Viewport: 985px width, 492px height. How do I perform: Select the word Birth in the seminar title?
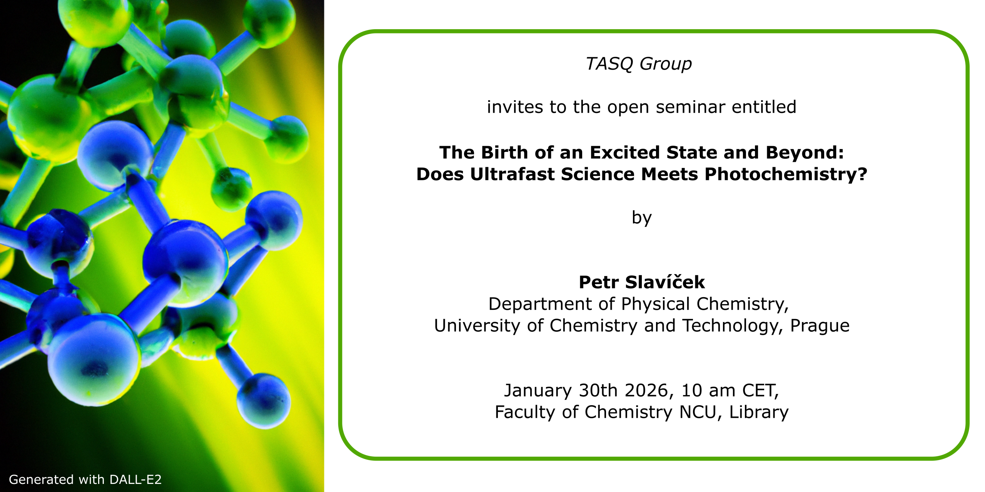(x=504, y=153)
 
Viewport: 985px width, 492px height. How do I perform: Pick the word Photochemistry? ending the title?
(x=786, y=174)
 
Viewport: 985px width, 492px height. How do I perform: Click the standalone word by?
(x=642, y=218)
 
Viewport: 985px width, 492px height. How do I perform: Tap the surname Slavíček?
(x=665, y=282)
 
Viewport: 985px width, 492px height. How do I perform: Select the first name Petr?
(x=599, y=282)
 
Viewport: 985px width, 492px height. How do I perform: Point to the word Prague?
(x=820, y=326)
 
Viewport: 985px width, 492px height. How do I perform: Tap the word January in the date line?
(x=538, y=391)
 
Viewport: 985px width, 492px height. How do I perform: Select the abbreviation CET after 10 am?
(x=760, y=391)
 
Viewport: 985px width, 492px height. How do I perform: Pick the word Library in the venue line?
(x=759, y=412)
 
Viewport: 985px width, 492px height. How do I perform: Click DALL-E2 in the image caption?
(x=135, y=480)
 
